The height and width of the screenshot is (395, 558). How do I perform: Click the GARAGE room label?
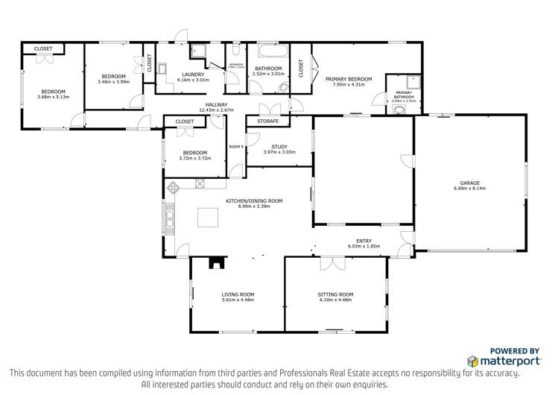tap(469, 183)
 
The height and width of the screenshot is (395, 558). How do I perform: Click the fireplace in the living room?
tap(215, 262)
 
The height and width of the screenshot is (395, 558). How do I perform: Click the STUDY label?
tap(279, 146)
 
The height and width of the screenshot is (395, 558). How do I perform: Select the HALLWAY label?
tap(217, 105)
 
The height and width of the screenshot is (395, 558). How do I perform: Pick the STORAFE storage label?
tap(267, 121)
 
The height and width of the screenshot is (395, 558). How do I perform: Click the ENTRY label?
tap(364, 240)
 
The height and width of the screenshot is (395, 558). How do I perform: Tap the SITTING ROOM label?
tap(335, 294)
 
